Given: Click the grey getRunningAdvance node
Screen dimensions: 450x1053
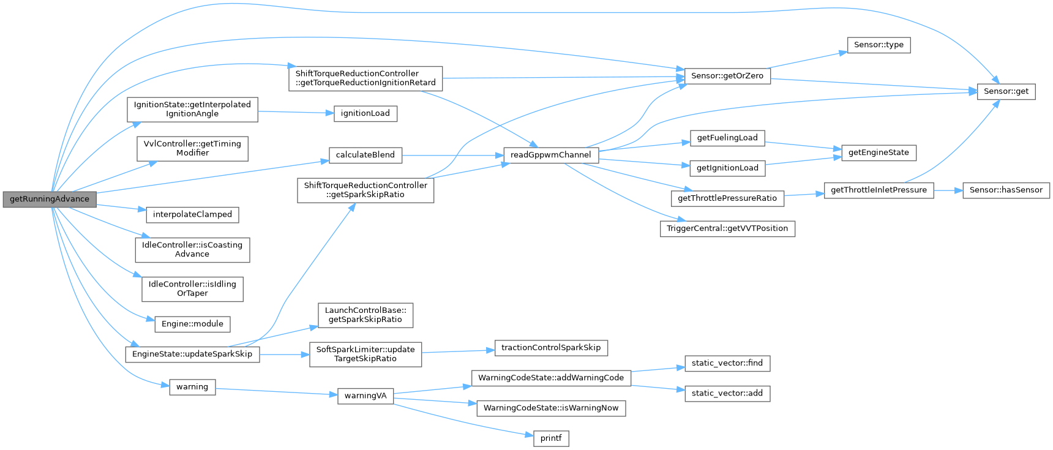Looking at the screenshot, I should [50, 199].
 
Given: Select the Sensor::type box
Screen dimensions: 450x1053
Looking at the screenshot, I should [879, 45].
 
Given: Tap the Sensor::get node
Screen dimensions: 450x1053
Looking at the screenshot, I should [1006, 91].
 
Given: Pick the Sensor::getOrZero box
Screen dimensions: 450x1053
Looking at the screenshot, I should [727, 76].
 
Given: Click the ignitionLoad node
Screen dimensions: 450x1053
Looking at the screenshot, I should [365, 113].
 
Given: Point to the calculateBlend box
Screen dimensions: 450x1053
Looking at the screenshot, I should [365, 155].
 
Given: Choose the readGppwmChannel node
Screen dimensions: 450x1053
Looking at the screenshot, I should [550, 155].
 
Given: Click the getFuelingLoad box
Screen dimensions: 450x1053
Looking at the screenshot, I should [727, 138].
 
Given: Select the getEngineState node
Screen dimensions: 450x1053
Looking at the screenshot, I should [879, 152].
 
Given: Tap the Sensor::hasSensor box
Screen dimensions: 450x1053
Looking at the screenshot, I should [1006, 190].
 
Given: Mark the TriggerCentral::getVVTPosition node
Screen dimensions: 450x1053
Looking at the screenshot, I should [727, 228].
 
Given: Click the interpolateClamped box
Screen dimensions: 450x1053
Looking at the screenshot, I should [192, 214].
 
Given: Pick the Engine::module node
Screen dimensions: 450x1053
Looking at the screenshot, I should [192, 324].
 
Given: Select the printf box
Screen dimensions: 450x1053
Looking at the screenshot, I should [551, 438].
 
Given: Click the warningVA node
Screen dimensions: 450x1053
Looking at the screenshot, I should [365, 396].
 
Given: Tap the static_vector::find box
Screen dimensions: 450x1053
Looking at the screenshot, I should [727, 363].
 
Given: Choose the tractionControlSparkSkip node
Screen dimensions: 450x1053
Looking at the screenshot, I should [550, 348].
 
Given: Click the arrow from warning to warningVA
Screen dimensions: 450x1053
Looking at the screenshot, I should [276, 391].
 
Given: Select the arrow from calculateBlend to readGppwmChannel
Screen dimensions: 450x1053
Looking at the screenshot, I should [452, 155].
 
